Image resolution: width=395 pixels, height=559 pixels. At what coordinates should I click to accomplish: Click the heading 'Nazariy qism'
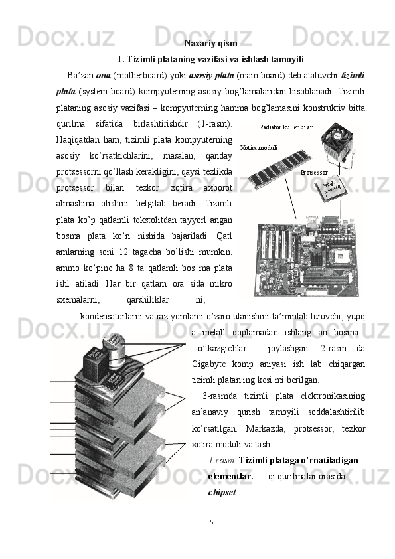tap(210, 44)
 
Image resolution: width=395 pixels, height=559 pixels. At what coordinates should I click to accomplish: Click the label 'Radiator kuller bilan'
tap(286, 127)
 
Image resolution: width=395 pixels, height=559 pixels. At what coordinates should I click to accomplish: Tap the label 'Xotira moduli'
tap(259, 147)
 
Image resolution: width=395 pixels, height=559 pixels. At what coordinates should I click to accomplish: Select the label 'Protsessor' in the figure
tap(314, 173)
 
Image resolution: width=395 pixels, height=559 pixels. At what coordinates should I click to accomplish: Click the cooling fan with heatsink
tap(338, 143)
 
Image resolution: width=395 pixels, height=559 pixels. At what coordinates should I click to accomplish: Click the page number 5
tap(211, 522)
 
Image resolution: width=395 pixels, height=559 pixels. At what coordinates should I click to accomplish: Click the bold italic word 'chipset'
tap(222, 493)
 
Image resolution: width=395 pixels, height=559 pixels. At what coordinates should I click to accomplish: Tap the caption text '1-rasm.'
tap(221, 461)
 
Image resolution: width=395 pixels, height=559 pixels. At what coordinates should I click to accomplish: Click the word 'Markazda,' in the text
tap(266, 429)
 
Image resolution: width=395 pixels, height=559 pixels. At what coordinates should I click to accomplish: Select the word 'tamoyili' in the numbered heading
tap(287, 59)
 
